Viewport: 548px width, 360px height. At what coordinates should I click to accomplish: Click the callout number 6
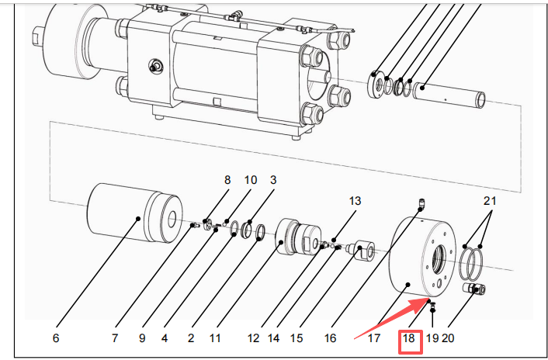55,338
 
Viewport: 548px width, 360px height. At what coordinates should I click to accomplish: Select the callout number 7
114,338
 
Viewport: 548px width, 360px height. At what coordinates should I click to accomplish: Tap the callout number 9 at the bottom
142,338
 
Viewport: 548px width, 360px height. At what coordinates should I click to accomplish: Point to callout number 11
215,338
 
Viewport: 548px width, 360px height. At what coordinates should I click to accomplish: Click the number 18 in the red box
409,338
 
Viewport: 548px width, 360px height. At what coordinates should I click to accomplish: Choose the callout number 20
448,338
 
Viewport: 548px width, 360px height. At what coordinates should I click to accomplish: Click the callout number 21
488,201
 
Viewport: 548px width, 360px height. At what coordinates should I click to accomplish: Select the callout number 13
355,201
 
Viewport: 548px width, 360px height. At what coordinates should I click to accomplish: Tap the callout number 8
227,180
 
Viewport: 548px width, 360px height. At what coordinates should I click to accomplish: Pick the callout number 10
250,180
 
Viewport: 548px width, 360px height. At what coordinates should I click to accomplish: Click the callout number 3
273,180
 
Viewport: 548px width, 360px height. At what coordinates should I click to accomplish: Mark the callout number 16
330,338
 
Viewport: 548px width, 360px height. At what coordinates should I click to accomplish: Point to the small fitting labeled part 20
473,289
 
